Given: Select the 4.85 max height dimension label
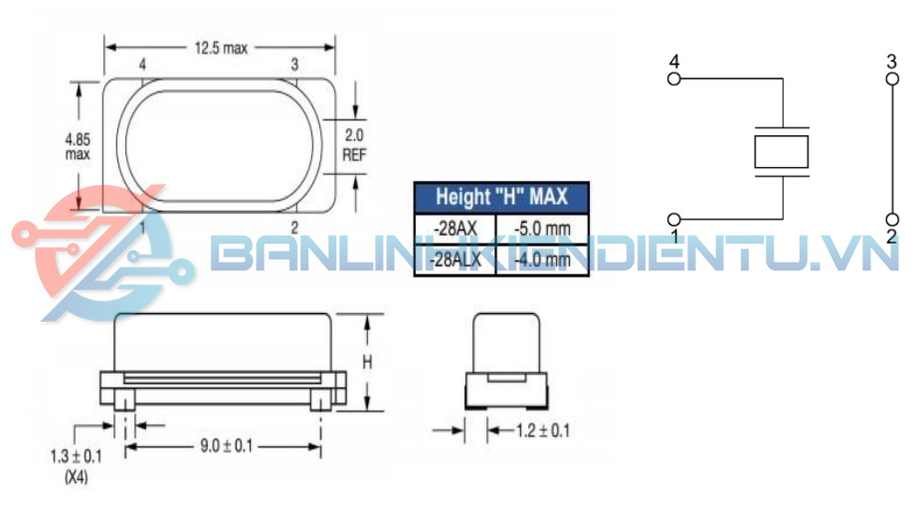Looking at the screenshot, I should tap(78, 146).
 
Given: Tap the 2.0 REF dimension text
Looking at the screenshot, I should tap(355, 145).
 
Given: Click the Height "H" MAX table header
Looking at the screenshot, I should tap(501, 197).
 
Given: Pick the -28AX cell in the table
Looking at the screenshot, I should tap(456, 229).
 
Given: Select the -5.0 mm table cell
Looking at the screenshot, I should tap(543, 229).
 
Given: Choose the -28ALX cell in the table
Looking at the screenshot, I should tap(456, 260).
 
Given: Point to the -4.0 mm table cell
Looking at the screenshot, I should tap(543, 260).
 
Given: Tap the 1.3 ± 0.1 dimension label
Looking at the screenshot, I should tap(76, 456).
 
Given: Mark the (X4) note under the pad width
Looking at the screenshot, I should tap(76, 475).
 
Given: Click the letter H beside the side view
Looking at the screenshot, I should tap(366, 363).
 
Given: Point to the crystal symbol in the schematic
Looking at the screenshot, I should tap(782, 151).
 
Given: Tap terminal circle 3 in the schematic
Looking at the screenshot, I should tap(891, 78).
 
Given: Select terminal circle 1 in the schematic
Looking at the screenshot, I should tap(674, 219).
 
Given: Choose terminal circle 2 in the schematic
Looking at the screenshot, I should tap(891, 219).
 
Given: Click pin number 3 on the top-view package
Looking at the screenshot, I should tap(294, 65).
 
